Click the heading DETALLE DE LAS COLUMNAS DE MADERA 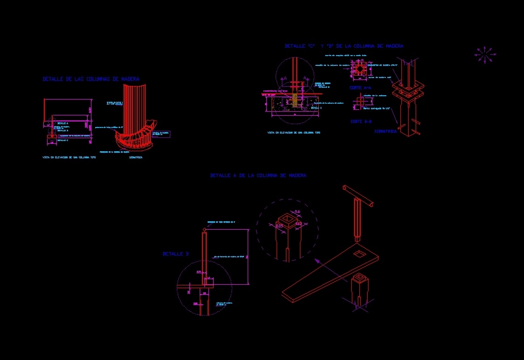pos(91,79)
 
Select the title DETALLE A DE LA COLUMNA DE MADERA pos(258,176)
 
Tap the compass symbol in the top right pos(485,55)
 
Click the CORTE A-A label pos(360,88)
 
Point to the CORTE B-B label pos(361,121)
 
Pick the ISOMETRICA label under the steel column pos(385,131)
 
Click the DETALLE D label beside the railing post pos(175,254)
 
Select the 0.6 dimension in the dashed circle pos(298,212)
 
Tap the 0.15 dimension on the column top pos(279,226)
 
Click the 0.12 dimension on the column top pos(299,224)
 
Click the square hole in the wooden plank pos(360,254)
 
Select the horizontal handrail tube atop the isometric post pos(358,196)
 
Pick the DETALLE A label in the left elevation pos(63,123)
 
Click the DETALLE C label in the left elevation pos(63,140)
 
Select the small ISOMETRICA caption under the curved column pos(136,158)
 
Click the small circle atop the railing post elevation pos(204,230)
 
